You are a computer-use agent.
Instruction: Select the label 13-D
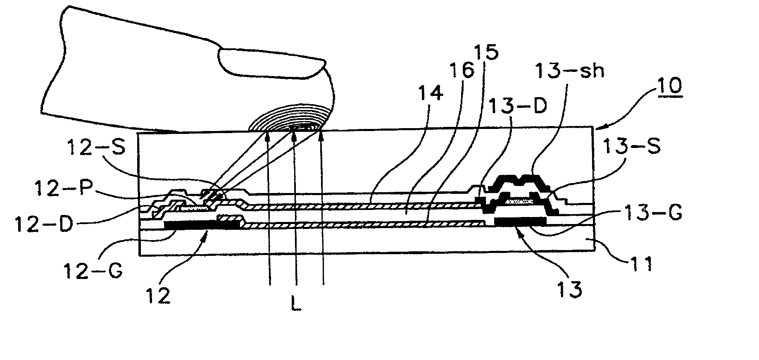[517, 107]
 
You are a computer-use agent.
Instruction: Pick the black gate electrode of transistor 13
[520, 222]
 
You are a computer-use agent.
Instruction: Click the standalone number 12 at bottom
[158, 296]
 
